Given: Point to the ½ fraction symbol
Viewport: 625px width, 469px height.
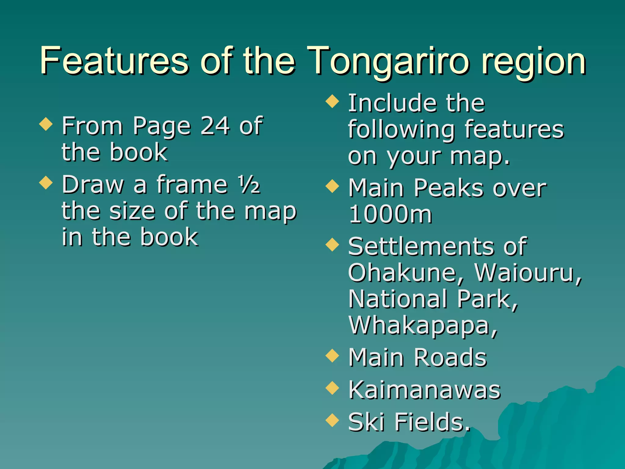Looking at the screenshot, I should (249, 184).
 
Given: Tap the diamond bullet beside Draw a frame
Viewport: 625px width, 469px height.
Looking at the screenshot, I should (46, 183).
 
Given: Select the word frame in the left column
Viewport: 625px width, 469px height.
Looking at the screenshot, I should (192, 184).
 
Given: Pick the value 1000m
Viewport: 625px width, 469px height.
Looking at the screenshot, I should (390, 214).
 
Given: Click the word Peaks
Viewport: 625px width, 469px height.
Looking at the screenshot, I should (450, 188).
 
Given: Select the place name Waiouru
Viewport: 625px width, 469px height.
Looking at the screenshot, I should (528, 272).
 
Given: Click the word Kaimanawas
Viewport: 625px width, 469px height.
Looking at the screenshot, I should (424, 390).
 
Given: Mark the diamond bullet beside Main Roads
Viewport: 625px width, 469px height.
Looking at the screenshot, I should (332, 355).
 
